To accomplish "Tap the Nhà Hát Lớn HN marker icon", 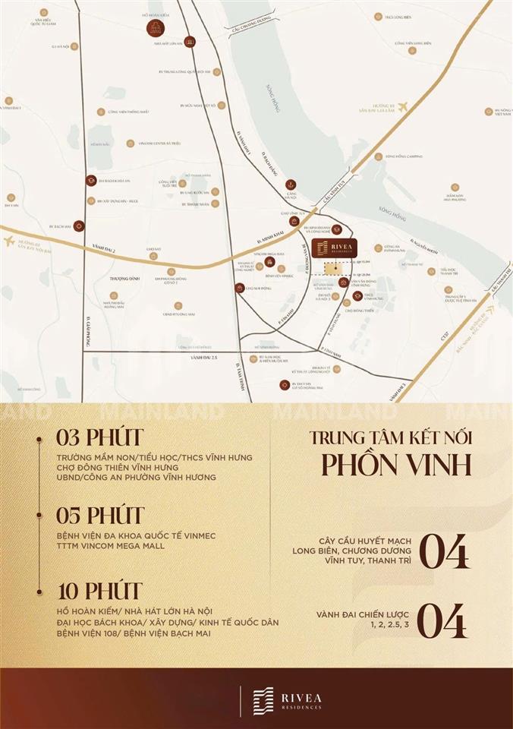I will coord(191,43).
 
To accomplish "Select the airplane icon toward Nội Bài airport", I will coord(11,241).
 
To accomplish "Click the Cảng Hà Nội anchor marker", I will coord(290,185).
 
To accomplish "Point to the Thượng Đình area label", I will coord(121,279).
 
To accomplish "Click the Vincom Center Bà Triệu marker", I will coord(131,143).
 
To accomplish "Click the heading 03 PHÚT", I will coord(99,439).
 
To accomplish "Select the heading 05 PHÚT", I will coord(99,516).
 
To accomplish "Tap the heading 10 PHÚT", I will coord(99,590).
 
